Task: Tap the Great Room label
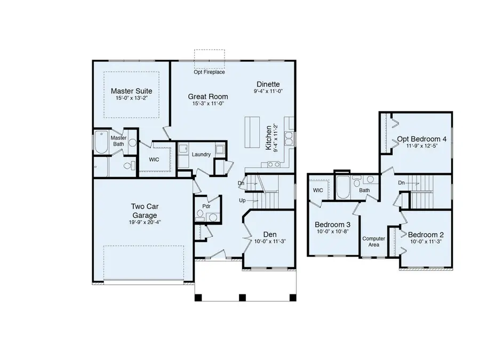[x=207, y=97]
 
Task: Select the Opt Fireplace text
[x=210, y=72]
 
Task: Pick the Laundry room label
[x=202, y=155]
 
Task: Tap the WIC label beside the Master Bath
[x=154, y=159]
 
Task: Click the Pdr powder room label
[x=205, y=206]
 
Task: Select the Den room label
[x=269, y=234]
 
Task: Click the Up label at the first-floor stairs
[x=242, y=201]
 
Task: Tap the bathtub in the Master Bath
[x=101, y=143]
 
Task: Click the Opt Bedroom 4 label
[x=422, y=139]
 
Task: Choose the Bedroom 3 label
[x=332, y=224]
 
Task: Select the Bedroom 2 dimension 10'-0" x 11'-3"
[x=426, y=241]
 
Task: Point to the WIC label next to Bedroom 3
[x=318, y=190]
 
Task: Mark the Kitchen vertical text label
[x=269, y=139]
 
